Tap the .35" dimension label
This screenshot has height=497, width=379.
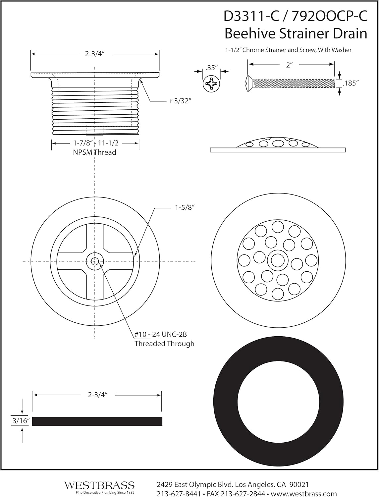tap(212, 68)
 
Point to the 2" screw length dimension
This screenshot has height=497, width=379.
tap(290, 65)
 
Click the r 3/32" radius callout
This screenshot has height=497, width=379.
tap(181, 101)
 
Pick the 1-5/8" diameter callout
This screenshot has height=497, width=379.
tap(184, 208)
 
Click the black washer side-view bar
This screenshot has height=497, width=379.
tap(97, 421)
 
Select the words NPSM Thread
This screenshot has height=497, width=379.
tap(94, 152)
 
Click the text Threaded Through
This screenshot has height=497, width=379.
tap(164, 344)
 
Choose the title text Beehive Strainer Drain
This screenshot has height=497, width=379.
tap(296, 33)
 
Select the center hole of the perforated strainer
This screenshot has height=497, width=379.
tap(278, 260)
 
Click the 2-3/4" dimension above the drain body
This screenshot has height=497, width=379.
tap(95, 54)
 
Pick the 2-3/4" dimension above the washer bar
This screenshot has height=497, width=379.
tap(98, 395)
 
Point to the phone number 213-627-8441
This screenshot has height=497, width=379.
tap(179, 494)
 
